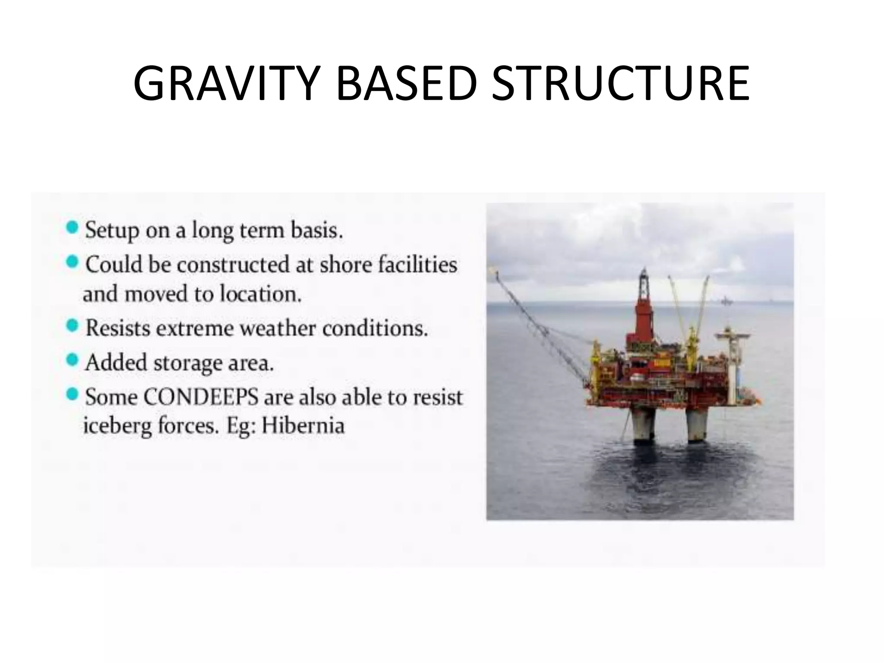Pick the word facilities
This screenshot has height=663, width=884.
(x=417, y=265)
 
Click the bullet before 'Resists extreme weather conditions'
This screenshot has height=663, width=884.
(x=73, y=325)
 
